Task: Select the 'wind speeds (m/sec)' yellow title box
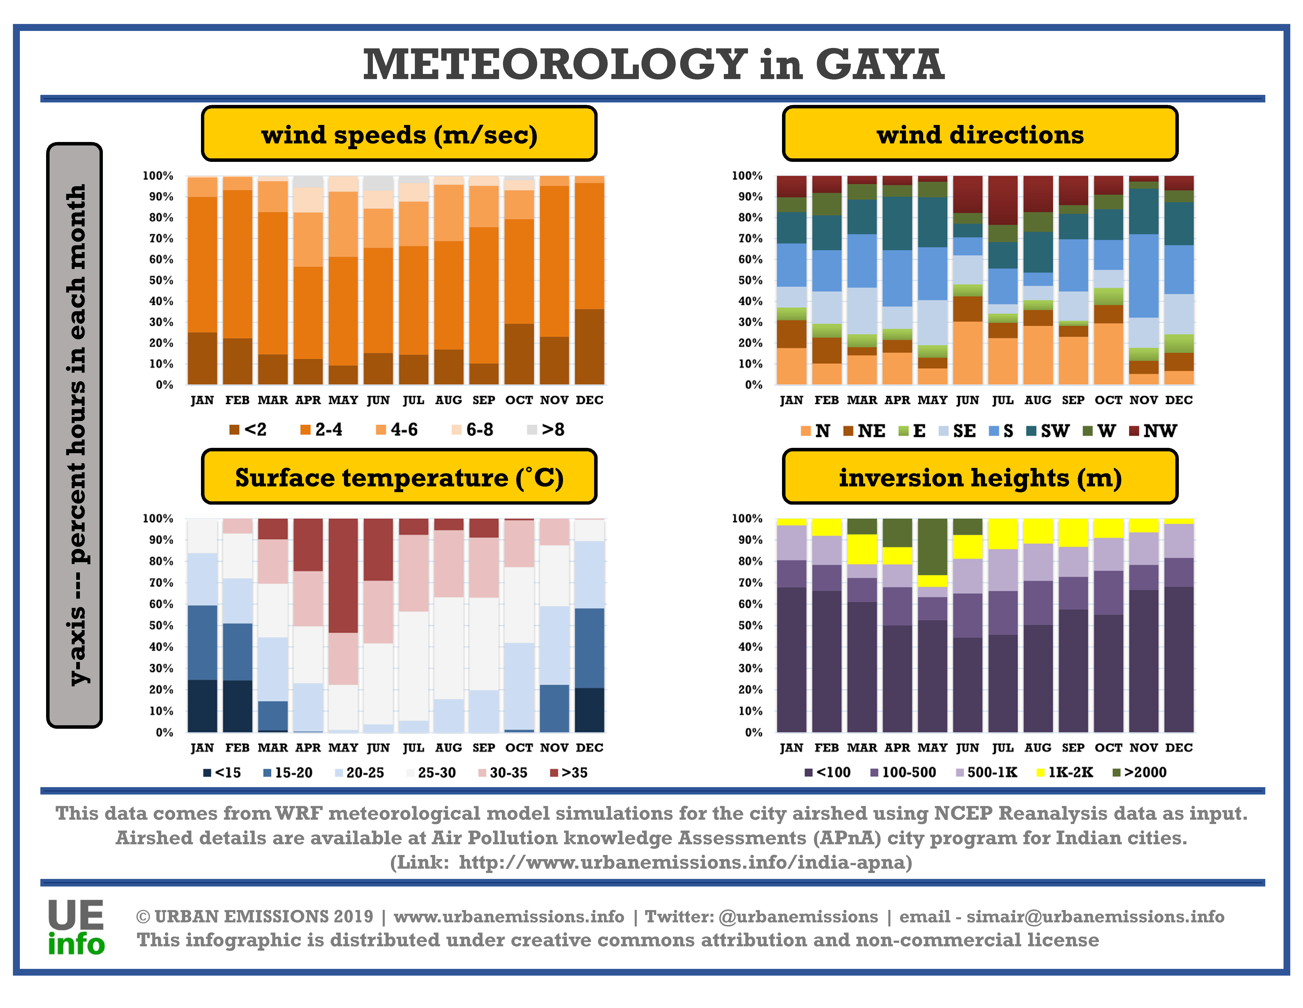tap(399, 134)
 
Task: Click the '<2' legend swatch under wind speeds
tap(234, 429)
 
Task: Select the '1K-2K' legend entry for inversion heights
tap(1065, 772)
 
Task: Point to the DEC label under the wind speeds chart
tap(589, 400)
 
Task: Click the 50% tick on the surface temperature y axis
tap(161, 625)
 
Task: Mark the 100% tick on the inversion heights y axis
tap(747, 518)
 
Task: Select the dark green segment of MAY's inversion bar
tap(933, 546)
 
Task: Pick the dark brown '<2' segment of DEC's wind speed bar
tap(589, 346)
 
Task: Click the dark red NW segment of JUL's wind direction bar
tap(1003, 200)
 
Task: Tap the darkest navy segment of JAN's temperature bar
tap(202, 706)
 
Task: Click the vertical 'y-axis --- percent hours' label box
tap(75, 435)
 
